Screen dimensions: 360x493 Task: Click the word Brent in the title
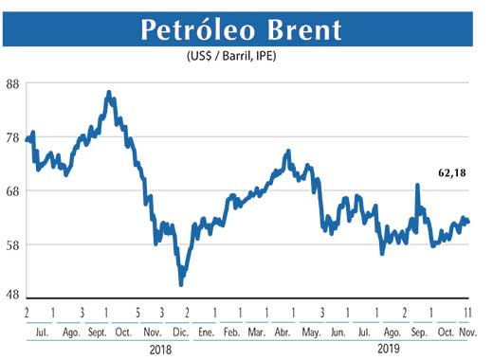click(x=301, y=29)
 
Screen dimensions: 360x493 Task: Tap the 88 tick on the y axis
click(x=13, y=83)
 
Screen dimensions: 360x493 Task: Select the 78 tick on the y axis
click(x=13, y=137)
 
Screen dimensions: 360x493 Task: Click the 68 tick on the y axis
click(x=13, y=190)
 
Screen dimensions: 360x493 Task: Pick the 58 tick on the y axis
click(x=13, y=244)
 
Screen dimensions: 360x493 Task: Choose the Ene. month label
click(x=204, y=331)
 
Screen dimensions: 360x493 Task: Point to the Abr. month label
click(x=283, y=331)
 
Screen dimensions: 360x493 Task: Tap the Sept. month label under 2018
click(x=98, y=331)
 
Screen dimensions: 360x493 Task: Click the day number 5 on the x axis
click(x=137, y=312)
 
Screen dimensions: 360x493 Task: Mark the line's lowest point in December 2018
click(x=181, y=284)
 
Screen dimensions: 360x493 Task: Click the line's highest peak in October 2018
click(x=109, y=93)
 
